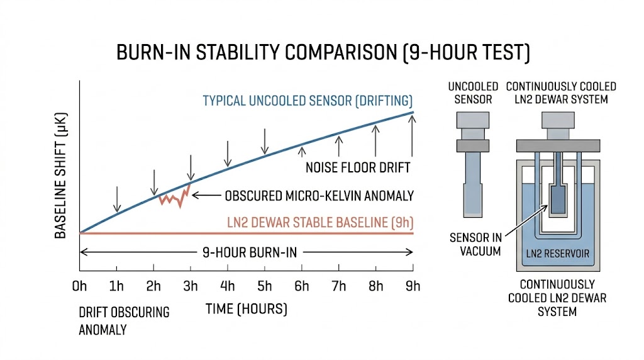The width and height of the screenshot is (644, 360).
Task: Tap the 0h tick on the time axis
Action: tap(79, 286)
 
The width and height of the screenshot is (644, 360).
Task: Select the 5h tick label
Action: tap(265, 286)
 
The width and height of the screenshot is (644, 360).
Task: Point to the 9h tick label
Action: tap(413, 286)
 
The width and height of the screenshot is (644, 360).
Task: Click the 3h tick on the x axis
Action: tap(191, 286)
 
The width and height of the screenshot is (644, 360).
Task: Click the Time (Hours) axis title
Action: tap(246, 309)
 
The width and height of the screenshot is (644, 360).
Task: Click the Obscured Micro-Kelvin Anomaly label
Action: tap(319, 196)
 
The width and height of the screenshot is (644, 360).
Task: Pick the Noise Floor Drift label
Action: tap(358, 167)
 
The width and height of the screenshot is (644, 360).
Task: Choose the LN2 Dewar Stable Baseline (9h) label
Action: tap(320, 222)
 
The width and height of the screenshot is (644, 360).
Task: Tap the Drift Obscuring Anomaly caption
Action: tap(124, 320)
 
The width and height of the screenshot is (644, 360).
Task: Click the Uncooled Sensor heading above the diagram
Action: tap(473, 93)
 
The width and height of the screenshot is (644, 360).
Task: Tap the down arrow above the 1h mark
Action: tap(116, 199)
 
